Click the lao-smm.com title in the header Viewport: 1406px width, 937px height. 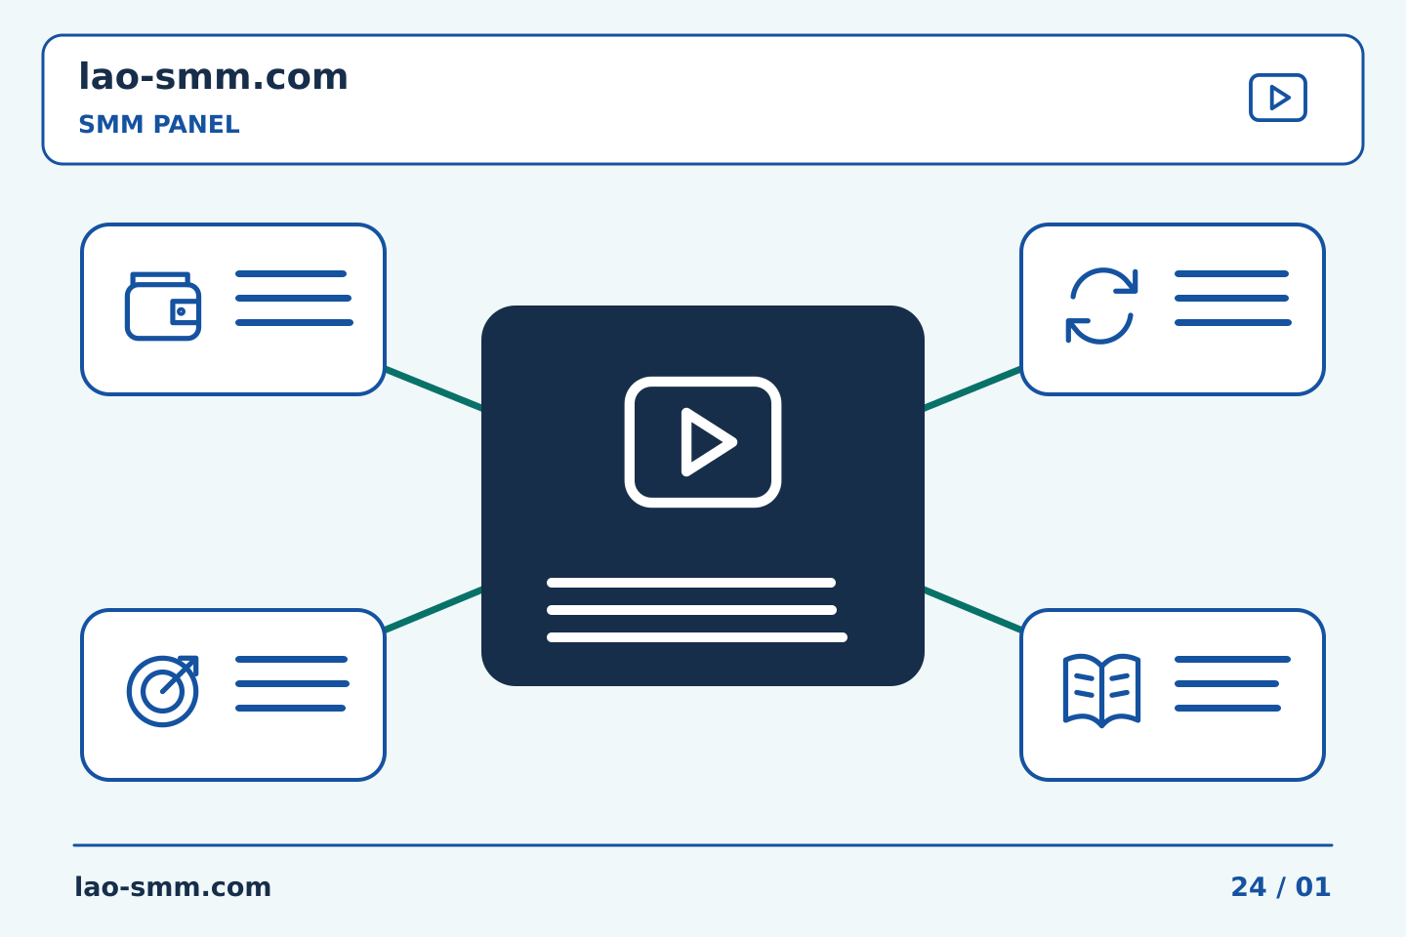(x=213, y=76)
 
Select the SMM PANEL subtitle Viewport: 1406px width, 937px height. (x=159, y=124)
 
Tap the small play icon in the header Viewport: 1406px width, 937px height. (x=1277, y=98)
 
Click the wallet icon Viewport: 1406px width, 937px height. (x=162, y=306)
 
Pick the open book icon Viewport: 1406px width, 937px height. (x=1101, y=690)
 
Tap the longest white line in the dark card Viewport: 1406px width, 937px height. (x=697, y=637)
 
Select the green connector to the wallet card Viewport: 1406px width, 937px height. (x=434, y=389)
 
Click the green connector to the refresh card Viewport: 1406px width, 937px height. (x=972, y=389)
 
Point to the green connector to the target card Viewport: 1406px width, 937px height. (x=434, y=609)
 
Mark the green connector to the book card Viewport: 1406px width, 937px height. (x=972, y=609)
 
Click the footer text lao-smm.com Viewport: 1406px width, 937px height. (x=173, y=887)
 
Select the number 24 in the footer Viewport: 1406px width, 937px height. (x=1249, y=887)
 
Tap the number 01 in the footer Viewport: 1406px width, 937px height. (x=1313, y=887)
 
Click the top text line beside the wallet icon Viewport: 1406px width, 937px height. (x=291, y=273)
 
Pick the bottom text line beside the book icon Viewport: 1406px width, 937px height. (x=1227, y=709)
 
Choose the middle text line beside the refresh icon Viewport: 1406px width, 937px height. (x=1231, y=298)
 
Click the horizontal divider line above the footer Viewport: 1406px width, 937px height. (x=703, y=845)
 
